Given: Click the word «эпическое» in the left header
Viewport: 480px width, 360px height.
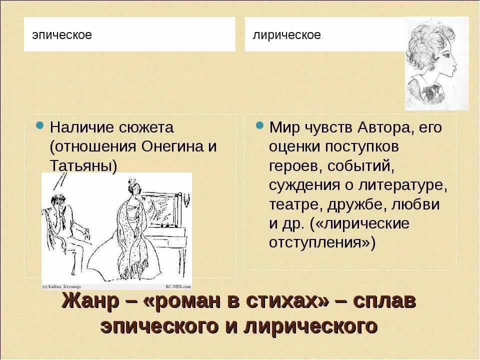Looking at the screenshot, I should click(x=62, y=35).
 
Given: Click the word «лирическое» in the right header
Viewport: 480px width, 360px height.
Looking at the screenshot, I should click(x=286, y=35).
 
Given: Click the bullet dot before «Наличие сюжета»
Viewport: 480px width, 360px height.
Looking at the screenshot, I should click(x=39, y=125).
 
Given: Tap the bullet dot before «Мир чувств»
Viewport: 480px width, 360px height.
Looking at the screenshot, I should click(x=259, y=125).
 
